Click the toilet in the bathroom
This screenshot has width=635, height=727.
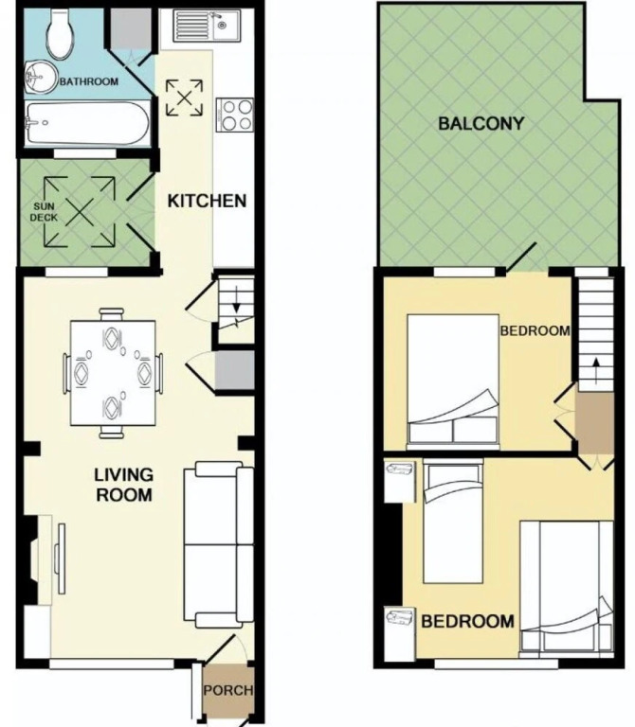(x=60, y=34)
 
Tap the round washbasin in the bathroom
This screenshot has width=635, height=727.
(x=38, y=77)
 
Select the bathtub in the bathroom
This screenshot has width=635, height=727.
(x=87, y=123)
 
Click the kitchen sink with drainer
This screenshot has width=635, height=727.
(x=207, y=26)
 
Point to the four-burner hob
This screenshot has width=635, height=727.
(x=235, y=115)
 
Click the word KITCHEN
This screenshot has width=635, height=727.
(x=207, y=201)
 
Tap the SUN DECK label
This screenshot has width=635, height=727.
(x=44, y=212)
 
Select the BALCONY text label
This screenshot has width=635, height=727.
(x=481, y=124)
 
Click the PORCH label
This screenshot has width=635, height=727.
(x=228, y=690)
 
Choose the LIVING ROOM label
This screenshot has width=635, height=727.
(x=124, y=485)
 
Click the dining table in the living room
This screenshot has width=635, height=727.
(x=113, y=373)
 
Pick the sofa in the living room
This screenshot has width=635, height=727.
(x=219, y=544)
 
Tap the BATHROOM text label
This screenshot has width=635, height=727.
(x=89, y=81)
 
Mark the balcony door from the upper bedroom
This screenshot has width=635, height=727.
(x=521, y=257)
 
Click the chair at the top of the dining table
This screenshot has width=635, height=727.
(x=112, y=314)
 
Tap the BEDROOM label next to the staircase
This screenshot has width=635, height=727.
(x=535, y=330)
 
